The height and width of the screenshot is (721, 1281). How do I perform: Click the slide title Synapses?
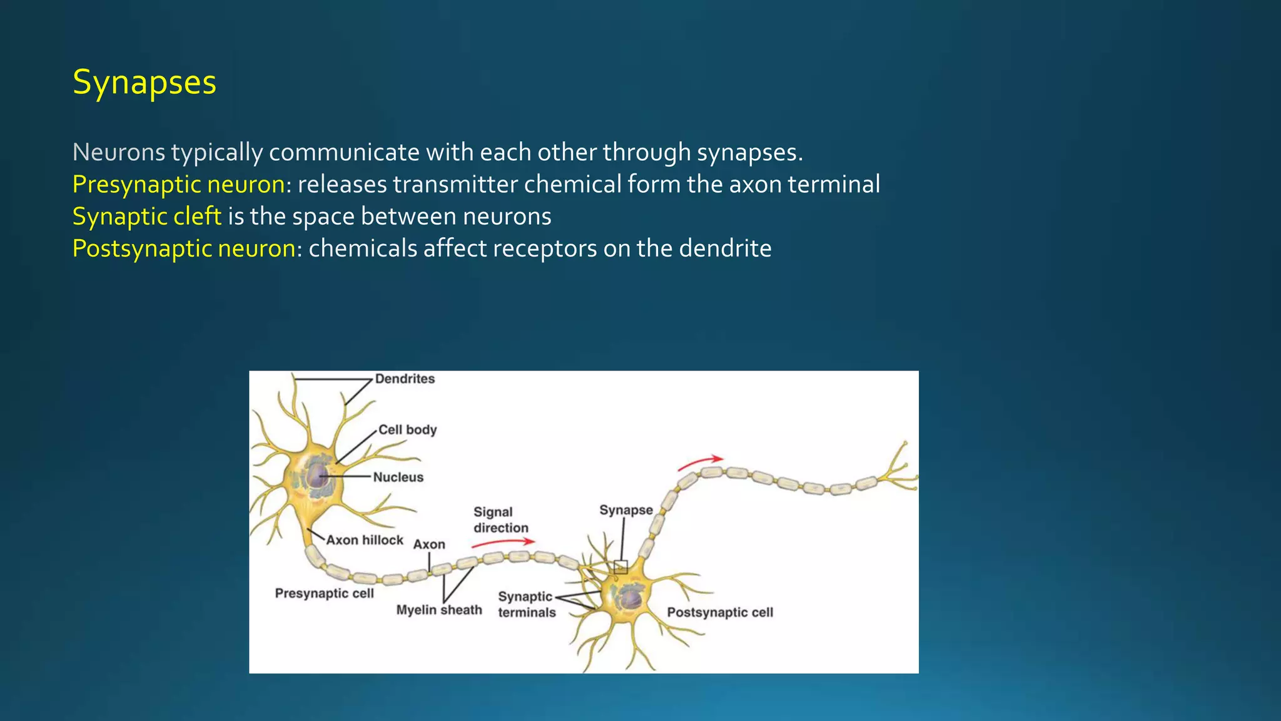144,83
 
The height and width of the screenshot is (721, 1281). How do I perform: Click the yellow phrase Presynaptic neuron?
179,185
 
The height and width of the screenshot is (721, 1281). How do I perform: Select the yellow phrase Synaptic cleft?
147,217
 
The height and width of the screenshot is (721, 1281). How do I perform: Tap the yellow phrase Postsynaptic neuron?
184,249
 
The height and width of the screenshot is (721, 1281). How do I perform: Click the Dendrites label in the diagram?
405,379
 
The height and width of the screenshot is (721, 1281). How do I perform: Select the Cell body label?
407,429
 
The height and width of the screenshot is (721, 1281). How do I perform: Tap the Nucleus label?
398,477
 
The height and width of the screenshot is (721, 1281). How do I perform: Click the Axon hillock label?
365,540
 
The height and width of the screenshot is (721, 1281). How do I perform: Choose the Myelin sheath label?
439,610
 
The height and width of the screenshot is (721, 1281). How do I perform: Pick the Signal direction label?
500,520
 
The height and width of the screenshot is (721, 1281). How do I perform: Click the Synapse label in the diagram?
625,510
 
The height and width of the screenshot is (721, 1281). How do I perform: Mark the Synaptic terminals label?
526,605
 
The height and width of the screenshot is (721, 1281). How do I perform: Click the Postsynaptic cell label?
720,612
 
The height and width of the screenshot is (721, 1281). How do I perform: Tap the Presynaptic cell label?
324,593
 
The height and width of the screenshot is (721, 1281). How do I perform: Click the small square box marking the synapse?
620,568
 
